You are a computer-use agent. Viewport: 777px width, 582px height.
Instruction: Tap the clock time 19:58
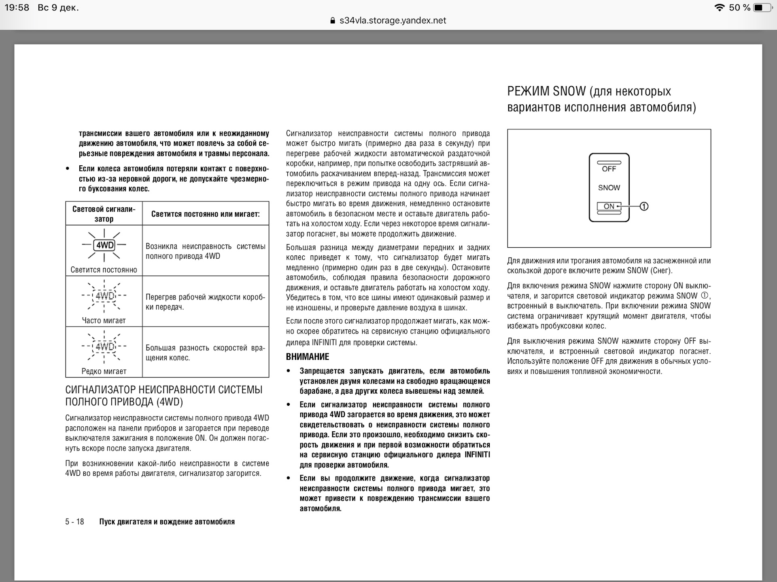click(17, 8)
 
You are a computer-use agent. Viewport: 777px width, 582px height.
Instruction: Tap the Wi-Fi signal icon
click(719, 8)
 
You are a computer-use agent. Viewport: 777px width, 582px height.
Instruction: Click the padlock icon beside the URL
click(333, 21)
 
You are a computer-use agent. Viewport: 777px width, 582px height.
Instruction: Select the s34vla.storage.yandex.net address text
click(393, 21)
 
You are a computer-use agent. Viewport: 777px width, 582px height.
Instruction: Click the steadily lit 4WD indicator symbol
click(104, 245)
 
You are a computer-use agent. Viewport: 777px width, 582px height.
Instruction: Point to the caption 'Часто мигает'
click(104, 321)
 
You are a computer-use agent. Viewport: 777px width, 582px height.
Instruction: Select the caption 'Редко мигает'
click(104, 371)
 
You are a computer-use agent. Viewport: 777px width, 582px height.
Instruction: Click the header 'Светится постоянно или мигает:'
click(206, 214)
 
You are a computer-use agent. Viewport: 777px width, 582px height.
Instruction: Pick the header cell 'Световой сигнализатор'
click(104, 214)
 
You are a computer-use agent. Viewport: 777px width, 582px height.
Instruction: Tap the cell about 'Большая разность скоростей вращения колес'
click(206, 352)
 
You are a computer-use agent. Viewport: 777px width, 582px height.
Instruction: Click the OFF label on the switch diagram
click(609, 169)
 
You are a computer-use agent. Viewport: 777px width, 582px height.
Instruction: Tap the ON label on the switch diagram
click(609, 207)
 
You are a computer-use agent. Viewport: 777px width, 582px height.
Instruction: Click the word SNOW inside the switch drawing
click(609, 188)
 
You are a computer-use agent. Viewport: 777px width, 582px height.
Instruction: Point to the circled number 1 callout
click(644, 207)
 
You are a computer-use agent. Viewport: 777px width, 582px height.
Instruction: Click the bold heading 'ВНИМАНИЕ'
click(308, 357)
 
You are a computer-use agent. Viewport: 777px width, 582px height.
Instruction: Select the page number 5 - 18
click(74, 522)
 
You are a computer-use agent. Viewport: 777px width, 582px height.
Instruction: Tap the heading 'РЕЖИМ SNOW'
click(546, 91)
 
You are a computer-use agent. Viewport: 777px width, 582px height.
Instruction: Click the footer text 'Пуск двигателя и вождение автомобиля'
click(167, 522)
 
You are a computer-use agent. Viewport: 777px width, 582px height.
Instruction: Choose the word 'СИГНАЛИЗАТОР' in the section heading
click(100, 390)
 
